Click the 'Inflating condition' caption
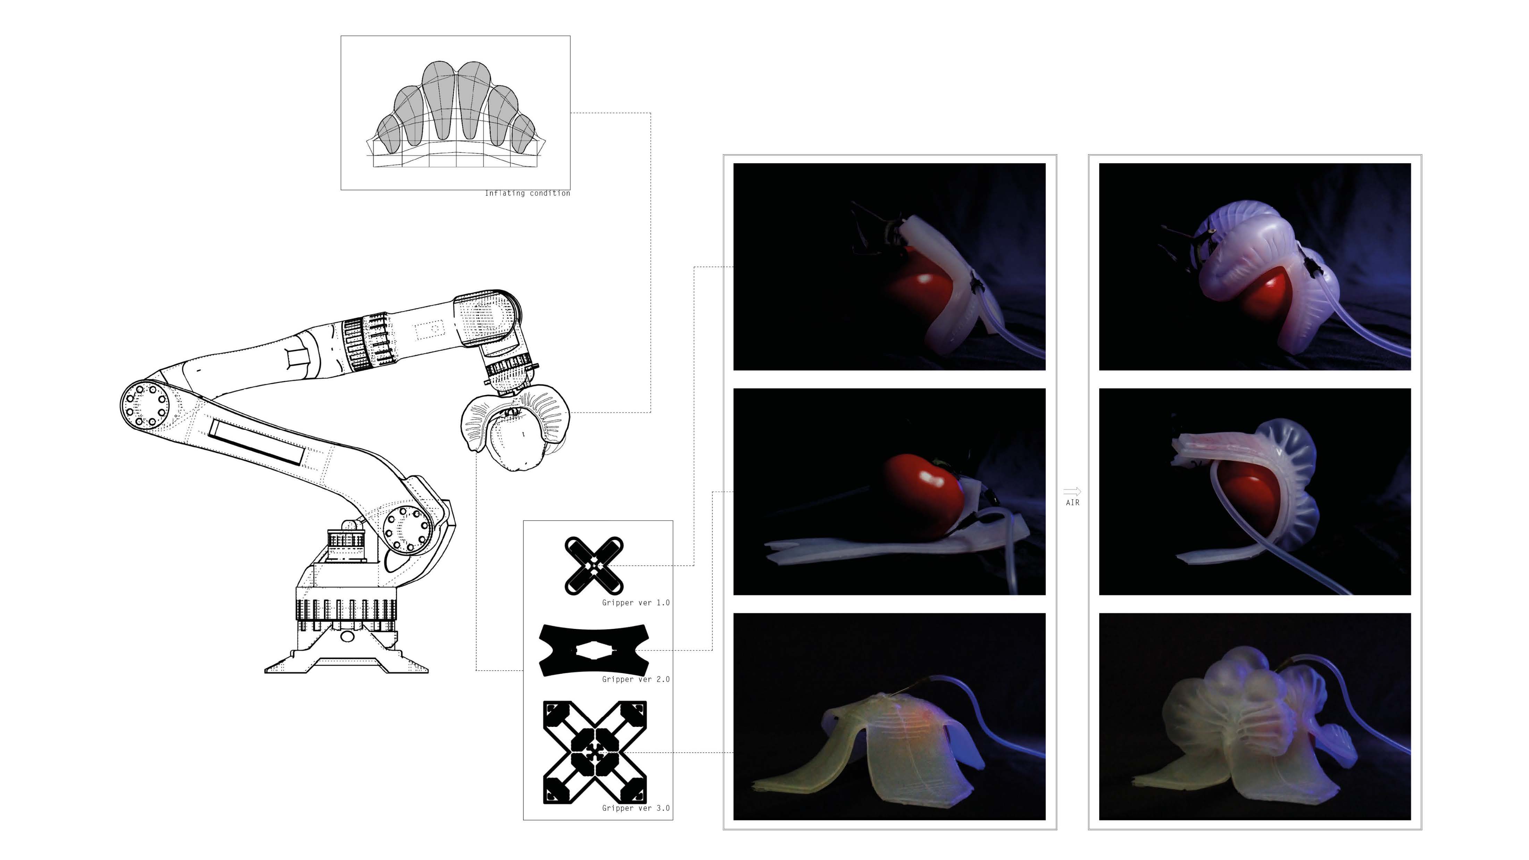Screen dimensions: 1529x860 tap(527, 193)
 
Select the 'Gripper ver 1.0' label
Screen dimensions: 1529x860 tap(636, 602)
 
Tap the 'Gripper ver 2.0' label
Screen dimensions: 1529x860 tap(636, 679)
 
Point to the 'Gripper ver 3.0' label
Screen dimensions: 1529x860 tap(636, 808)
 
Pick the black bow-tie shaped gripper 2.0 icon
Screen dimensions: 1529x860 tap(594, 650)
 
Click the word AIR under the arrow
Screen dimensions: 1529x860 tap(1072, 502)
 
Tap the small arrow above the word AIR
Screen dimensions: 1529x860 tap(1072, 491)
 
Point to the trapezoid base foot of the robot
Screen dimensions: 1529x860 tap(346, 659)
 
